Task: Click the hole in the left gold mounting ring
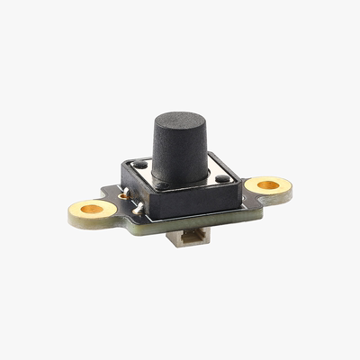click(92, 210)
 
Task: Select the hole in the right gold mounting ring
click(267, 184)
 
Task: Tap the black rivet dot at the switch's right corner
click(222, 178)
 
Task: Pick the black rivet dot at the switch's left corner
click(140, 166)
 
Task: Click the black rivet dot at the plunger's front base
click(163, 185)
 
